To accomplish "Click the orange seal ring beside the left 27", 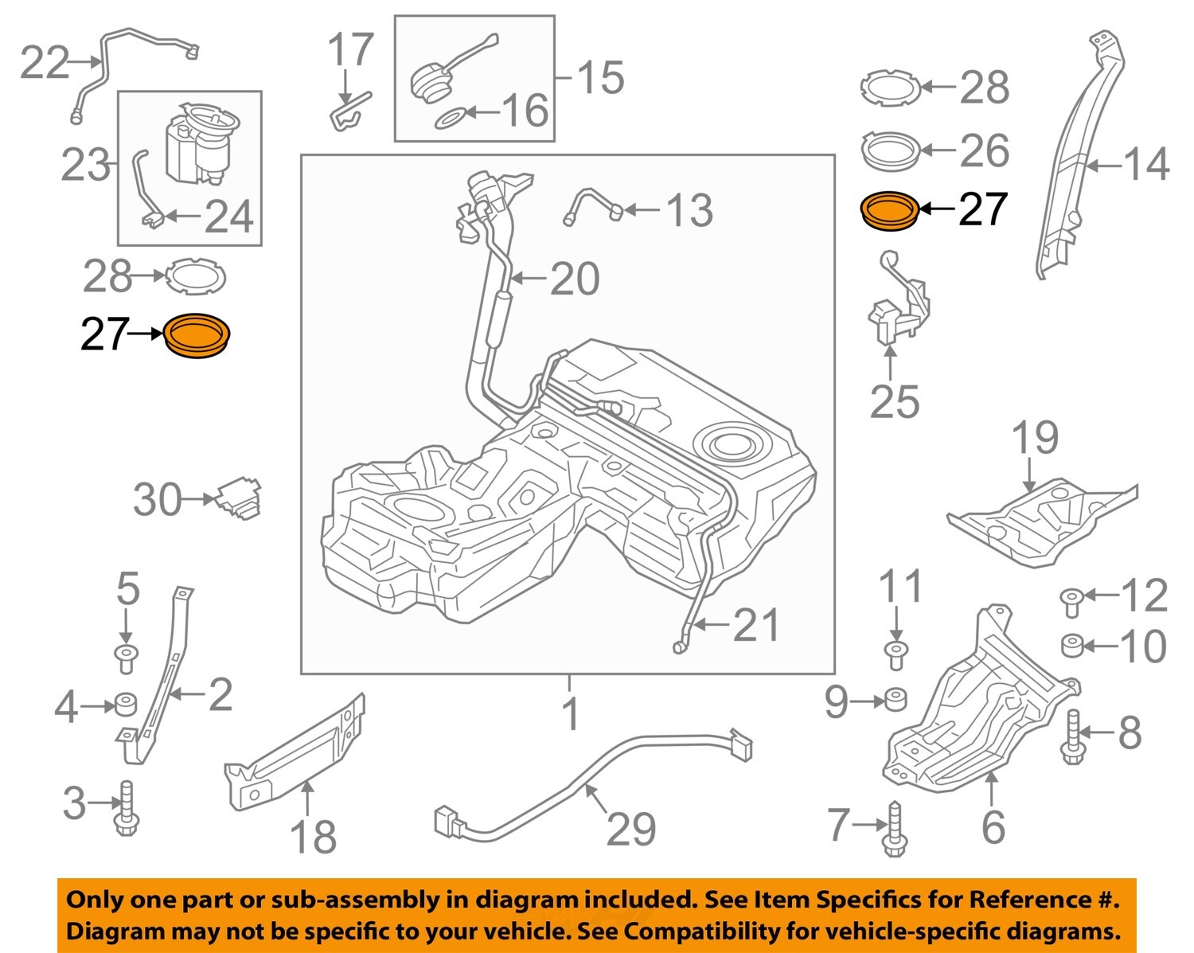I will [197, 337].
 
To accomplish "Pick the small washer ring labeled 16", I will [451, 119].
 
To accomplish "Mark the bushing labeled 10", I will [1072, 645].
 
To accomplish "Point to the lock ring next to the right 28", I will [890, 88].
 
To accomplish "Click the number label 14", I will [1146, 165].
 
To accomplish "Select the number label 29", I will [630, 829].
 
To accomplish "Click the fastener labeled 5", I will [126, 658].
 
